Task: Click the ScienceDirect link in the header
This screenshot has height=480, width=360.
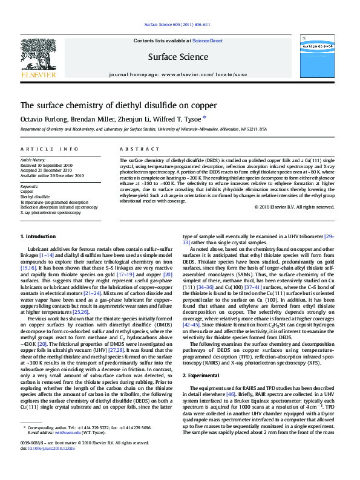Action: click(x=208, y=41)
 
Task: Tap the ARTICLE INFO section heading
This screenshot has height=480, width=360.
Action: click(x=49, y=149)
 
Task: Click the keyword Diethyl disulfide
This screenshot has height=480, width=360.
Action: click(x=35, y=197)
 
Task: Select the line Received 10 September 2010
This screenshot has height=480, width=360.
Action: click(x=47, y=165)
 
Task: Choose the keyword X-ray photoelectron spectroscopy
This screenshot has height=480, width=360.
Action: click(x=51, y=213)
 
